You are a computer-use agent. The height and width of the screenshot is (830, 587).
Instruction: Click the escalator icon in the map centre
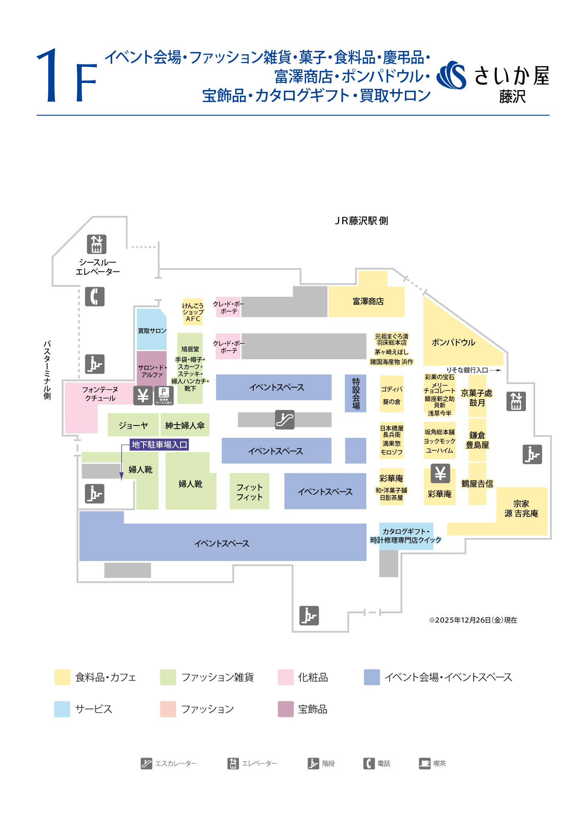point(285,419)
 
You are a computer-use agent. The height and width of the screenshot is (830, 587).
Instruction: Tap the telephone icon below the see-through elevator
point(95,297)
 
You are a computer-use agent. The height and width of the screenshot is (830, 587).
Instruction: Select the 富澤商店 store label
point(368,302)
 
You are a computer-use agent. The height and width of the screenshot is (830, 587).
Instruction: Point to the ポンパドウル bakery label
point(454,343)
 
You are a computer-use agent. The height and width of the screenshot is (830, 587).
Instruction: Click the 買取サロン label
point(152,331)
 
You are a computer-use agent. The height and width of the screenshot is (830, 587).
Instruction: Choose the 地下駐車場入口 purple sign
point(159,445)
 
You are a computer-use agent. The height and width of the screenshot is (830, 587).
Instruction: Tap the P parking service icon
point(164,395)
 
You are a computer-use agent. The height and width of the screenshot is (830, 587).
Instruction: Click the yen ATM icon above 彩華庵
point(440,473)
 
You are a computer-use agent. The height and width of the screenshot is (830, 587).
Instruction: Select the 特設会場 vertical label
point(356,393)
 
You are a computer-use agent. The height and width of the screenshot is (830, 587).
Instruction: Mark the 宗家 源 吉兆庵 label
point(521,509)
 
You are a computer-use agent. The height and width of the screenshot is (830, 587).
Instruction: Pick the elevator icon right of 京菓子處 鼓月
point(516,401)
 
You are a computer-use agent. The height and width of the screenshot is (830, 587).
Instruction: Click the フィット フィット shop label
point(249,492)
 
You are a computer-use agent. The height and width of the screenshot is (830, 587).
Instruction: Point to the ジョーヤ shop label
point(133,425)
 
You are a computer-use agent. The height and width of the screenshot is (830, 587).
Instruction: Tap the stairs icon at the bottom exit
point(309,616)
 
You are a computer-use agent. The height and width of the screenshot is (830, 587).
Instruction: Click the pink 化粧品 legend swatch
point(285,677)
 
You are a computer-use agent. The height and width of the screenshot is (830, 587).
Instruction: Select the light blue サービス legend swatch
point(62,709)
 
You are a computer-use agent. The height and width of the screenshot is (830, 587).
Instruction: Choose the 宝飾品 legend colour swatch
point(285,709)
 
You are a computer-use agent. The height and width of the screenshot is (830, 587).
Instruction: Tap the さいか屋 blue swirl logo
point(452,75)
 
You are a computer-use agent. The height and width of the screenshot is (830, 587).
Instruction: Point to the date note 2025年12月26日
point(473,620)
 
